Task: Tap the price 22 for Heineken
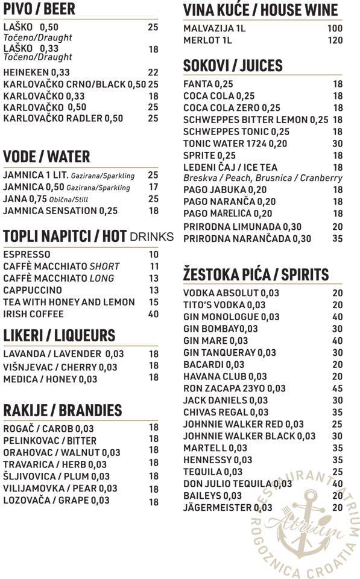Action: [153, 72]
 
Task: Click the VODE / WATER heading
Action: [46, 157]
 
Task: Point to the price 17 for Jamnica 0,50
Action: [153, 188]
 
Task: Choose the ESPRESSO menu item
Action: [27, 255]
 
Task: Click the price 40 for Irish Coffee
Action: [153, 314]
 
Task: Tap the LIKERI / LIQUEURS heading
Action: [58, 335]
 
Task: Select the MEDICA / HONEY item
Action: [50, 379]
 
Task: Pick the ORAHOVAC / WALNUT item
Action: [62, 452]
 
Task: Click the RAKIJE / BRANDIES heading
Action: [62, 411]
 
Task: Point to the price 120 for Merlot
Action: [335, 40]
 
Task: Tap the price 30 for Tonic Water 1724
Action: [337, 144]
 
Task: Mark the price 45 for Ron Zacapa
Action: [337, 389]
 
